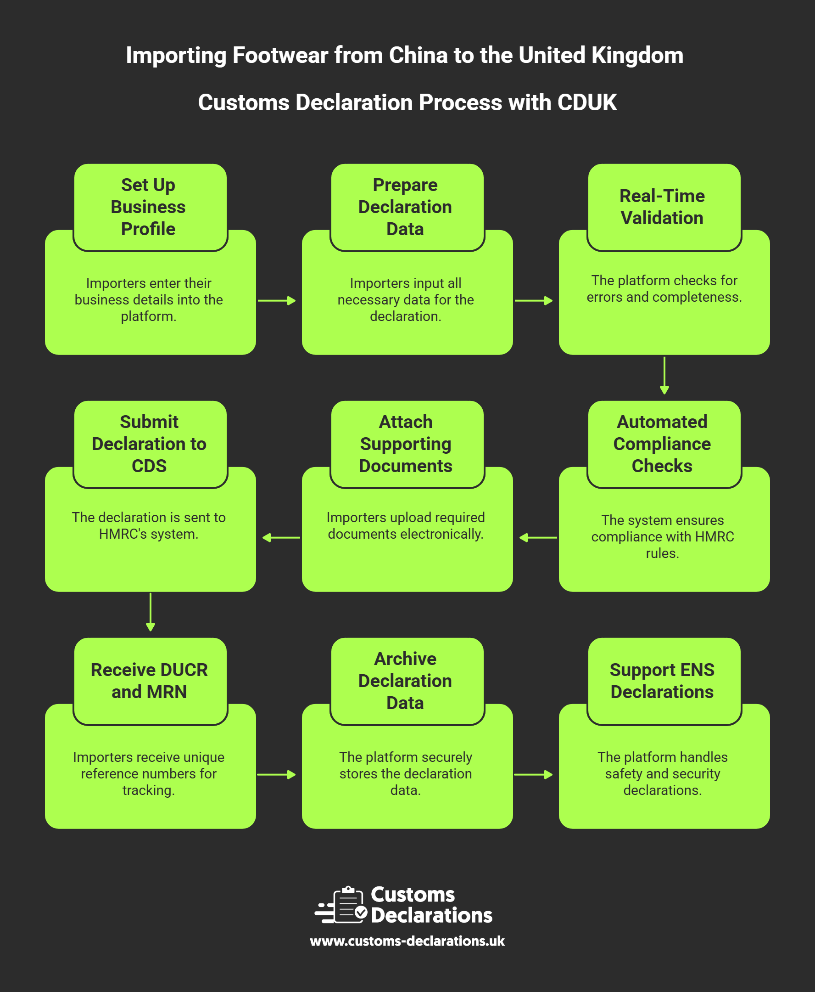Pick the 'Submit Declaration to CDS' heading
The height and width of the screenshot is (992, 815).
coord(150,444)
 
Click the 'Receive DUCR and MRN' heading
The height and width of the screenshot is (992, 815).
coord(150,681)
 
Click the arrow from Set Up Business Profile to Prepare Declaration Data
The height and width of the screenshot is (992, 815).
coord(278,301)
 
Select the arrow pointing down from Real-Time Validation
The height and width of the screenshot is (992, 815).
coord(664,376)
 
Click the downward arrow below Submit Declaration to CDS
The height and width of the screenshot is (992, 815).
coord(150,612)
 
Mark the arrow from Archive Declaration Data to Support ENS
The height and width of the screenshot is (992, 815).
coord(534,774)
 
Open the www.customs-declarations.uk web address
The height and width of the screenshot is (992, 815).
coord(407,941)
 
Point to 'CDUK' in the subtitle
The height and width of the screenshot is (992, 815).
coord(587,102)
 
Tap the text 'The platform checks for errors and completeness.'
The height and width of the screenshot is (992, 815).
coord(664,288)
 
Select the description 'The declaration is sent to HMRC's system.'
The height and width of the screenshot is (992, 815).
coord(149,525)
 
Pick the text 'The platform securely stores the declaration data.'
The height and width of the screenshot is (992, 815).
coord(406,773)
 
